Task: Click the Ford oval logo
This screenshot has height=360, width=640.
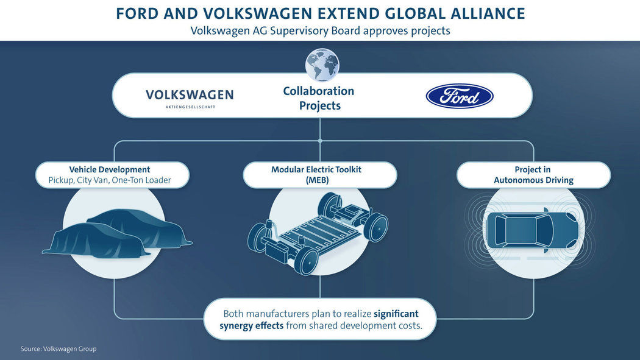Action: click(459, 96)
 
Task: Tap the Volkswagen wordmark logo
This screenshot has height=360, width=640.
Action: click(190, 95)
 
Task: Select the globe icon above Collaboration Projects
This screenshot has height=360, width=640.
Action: click(321, 65)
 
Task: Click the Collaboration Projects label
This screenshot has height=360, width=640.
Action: click(318, 98)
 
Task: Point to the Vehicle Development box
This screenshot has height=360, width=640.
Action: click(113, 175)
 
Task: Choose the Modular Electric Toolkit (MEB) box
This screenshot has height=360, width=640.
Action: click(320, 175)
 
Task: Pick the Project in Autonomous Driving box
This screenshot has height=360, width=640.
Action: click(533, 175)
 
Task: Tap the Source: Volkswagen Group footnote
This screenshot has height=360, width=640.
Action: click(59, 349)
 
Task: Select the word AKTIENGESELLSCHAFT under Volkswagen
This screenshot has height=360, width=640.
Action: click(190, 107)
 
